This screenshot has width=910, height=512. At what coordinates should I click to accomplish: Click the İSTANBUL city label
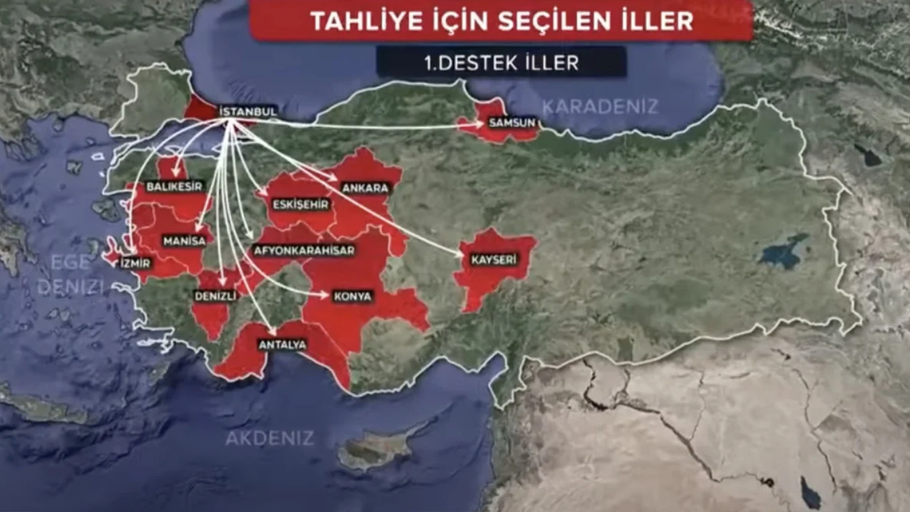tap(248, 112)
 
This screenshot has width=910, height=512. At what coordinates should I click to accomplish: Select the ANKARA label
tap(365, 188)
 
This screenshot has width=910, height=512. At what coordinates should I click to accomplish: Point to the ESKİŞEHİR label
tap(301, 204)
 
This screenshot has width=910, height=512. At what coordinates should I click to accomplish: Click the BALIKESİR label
tap(174, 186)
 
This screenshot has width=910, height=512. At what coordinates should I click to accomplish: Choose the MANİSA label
tap(184, 241)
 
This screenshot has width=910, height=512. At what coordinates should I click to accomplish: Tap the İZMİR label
tap(135, 263)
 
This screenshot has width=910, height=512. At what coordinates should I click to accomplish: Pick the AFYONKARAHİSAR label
tap(304, 250)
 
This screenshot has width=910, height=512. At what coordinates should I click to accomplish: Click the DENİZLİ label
tap(215, 297)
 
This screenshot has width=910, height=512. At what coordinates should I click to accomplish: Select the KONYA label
tap(353, 297)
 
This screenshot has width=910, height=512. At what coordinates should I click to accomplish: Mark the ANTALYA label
tap(282, 345)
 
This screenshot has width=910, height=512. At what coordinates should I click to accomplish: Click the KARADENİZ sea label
tap(600, 107)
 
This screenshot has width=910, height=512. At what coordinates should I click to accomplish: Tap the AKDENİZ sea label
tap(269, 438)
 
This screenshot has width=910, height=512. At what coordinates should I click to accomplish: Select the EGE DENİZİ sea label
tap(70, 274)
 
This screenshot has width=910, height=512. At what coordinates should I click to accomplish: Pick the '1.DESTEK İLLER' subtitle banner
tap(501, 63)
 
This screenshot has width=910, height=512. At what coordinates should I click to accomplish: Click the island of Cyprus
tap(377, 449)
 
